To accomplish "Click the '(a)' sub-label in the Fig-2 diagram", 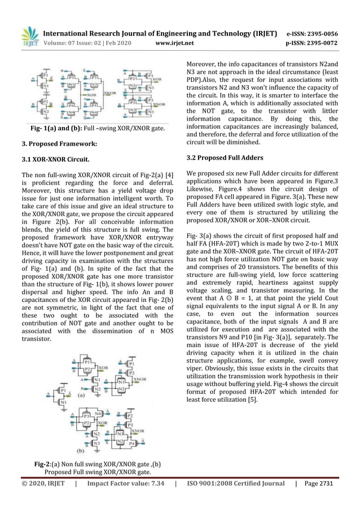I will coord(81,397).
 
